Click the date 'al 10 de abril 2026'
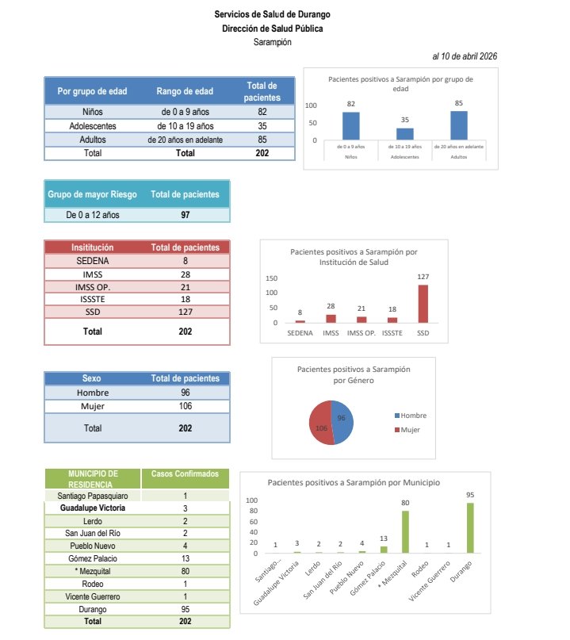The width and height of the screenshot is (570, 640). coord(465,56)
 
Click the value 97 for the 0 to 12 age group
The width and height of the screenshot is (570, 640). coord(185,215)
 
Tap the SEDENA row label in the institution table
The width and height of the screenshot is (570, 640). coord(92,259)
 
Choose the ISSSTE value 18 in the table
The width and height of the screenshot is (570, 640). coord(185,300)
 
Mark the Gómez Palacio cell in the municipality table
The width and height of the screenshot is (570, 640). coord(92,558)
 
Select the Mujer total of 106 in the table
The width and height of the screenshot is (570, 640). coord(185,406)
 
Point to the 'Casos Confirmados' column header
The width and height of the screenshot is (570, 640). coord(185,473)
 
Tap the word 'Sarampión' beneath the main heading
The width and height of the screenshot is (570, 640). coord(272,42)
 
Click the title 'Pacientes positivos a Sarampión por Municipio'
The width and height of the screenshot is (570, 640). coord(354,482)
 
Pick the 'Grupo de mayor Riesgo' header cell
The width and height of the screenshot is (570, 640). coord(92,194)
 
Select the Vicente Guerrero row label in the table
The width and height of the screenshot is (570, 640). coord(92,596)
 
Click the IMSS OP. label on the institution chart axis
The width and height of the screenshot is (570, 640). coord(361,334)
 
